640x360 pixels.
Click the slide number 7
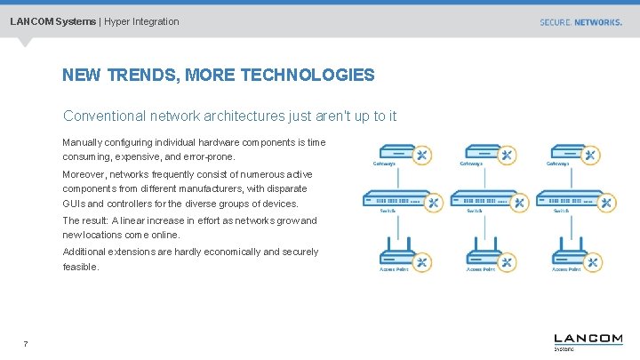click(x=26, y=344)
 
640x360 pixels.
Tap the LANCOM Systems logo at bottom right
click(x=588, y=341)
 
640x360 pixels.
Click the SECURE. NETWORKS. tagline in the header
click(x=580, y=22)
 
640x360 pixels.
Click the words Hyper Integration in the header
click(x=141, y=21)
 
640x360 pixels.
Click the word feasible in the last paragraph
click(x=80, y=267)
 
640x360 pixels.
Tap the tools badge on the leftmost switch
click(x=433, y=203)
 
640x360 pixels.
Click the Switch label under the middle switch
click(x=475, y=212)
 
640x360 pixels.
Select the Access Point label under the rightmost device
click(x=566, y=269)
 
